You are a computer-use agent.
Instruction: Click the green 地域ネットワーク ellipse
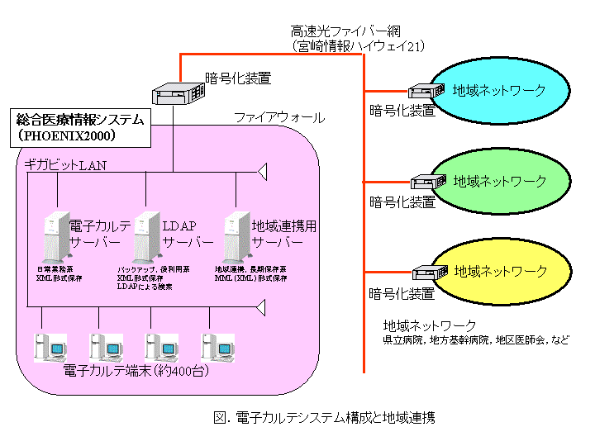501,180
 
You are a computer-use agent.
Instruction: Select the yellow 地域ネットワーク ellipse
501,271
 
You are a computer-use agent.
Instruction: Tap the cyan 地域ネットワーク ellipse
501,89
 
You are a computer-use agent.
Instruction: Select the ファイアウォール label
278,118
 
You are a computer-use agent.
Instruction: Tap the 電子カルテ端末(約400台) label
136,371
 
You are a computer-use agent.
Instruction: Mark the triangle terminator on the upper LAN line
262,172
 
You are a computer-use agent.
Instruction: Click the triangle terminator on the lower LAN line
262,307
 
